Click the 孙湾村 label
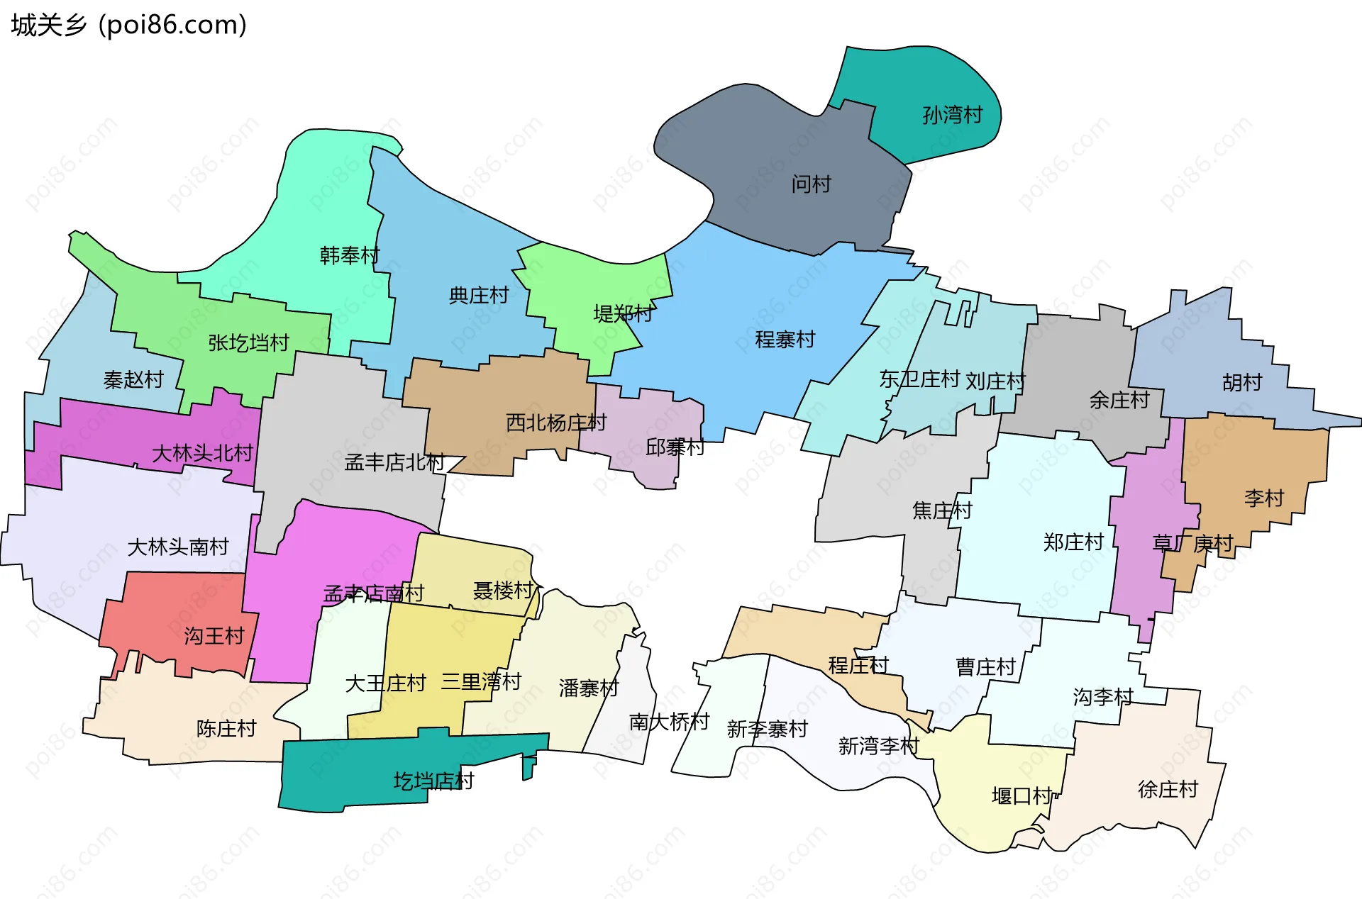952,115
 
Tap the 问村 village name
811,184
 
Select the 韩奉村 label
350,255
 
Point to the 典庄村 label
479,295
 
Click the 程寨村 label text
785,340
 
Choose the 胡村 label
1242,383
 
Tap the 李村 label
1263,498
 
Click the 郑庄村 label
1073,542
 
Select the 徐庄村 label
1168,789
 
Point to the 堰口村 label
1021,796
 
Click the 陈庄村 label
226,729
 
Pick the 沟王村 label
214,636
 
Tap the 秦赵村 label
133,380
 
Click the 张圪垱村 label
248,343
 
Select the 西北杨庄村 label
556,423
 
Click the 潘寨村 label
588,688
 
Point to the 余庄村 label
1119,401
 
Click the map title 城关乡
48,26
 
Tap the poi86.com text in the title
172,26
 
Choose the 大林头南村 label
177,547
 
